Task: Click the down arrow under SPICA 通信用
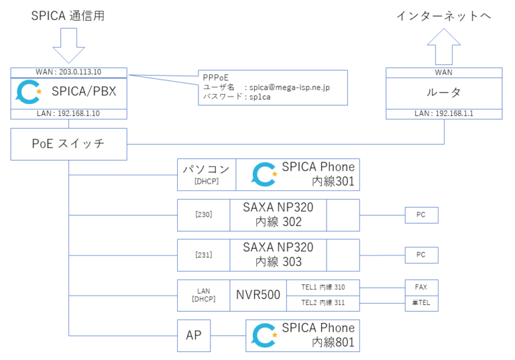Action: (68, 49)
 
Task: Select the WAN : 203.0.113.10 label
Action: (68, 72)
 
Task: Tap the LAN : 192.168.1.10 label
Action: (68, 115)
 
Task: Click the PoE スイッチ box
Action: (68, 144)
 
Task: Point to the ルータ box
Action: (445, 93)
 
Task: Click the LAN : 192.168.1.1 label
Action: (445, 115)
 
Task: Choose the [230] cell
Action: (203, 215)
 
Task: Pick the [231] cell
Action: (203, 255)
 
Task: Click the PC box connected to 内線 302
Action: (421, 215)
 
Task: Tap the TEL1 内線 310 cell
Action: (323, 287)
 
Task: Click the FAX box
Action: (421, 287)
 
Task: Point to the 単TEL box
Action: (421, 303)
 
